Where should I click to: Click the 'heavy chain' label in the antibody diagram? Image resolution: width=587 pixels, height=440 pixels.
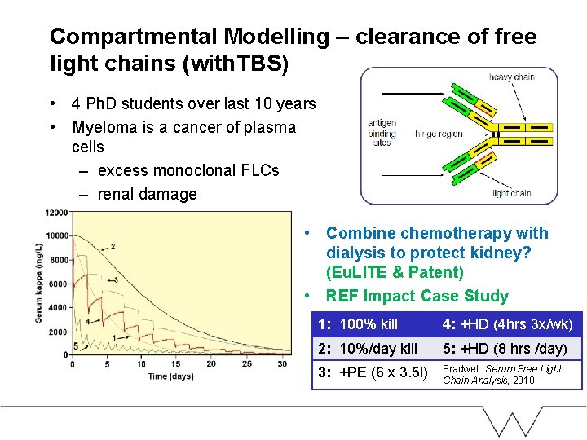point(511,77)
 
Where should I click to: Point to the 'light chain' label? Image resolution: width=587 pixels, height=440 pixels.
point(511,193)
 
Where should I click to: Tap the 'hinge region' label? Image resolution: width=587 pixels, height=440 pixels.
point(439,134)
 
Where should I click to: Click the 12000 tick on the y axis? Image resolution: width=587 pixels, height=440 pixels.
point(57,213)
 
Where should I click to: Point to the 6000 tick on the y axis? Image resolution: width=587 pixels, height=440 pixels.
point(59,284)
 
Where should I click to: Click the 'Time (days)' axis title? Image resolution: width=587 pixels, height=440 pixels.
point(170,376)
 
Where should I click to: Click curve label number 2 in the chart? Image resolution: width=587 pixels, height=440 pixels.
point(113,246)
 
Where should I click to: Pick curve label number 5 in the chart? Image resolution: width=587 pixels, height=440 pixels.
point(75,346)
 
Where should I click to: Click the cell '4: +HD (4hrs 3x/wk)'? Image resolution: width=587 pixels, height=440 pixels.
point(508,324)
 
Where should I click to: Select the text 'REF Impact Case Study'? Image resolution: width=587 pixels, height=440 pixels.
point(417,296)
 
